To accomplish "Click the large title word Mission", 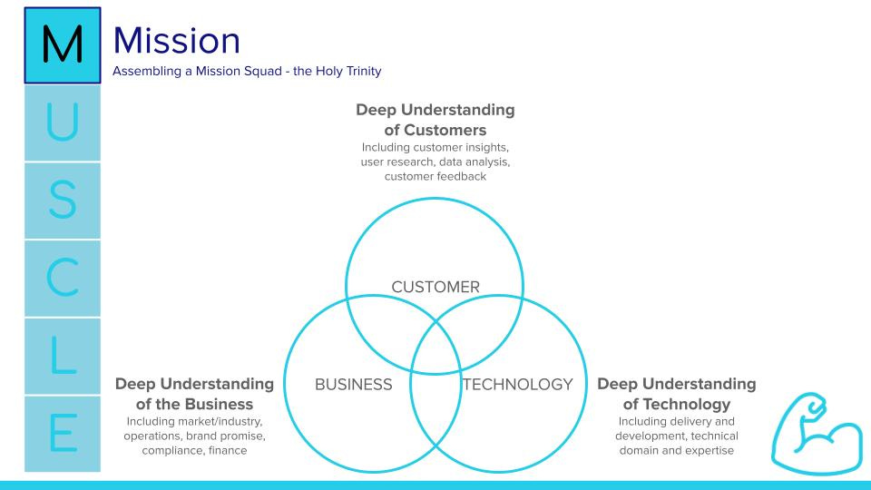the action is (x=177, y=41).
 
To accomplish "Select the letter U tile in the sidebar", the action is (x=62, y=124).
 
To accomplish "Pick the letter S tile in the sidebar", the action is (x=62, y=201).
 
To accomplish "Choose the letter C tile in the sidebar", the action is (x=62, y=279).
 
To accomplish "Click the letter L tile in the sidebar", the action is (x=62, y=357).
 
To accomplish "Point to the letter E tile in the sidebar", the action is (x=62, y=434).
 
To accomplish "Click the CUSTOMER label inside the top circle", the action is (x=435, y=288).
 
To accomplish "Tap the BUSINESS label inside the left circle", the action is (x=354, y=385).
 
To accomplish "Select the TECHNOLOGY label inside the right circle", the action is (x=518, y=385).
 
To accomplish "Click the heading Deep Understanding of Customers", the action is (x=435, y=120).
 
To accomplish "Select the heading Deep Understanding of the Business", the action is (x=194, y=394).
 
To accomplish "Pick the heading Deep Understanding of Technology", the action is (x=676, y=394).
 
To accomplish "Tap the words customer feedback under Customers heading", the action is (x=435, y=176).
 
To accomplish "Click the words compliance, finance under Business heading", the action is (x=194, y=450).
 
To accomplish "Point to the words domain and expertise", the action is (x=676, y=450).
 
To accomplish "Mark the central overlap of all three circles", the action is (x=435, y=342).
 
